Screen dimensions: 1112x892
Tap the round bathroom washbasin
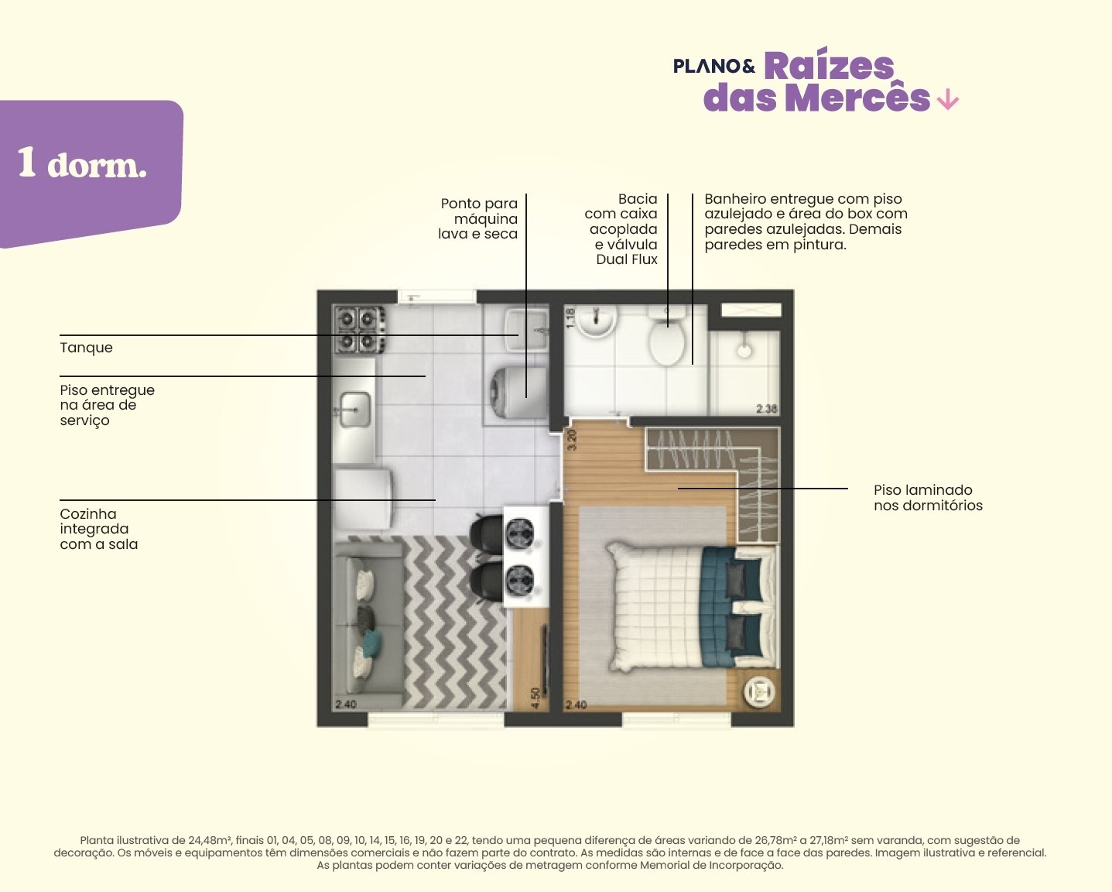pyautogui.click(x=597, y=321)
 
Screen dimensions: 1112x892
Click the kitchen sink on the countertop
pyautogui.click(x=355, y=410)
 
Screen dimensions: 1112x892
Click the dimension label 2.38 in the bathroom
pyautogui.click(x=766, y=409)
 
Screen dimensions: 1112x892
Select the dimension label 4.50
pyautogui.click(x=535, y=698)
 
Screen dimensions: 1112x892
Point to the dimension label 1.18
pyautogui.click(x=570, y=318)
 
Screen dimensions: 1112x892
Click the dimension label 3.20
pyautogui.click(x=572, y=440)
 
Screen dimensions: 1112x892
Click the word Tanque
pyautogui.click(x=87, y=348)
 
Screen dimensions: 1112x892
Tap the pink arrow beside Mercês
pyautogui.click(x=948, y=99)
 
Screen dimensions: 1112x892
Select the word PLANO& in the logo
pyautogui.click(x=714, y=66)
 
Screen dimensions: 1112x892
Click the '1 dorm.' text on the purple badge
pyautogui.click(x=82, y=163)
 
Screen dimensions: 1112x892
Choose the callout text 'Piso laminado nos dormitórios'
pyautogui.click(x=928, y=497)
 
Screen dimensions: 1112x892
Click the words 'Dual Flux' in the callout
pyautogui.click(x=627, y=259)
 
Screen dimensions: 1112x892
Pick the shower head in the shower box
pyautogui.click(x=744, y=350)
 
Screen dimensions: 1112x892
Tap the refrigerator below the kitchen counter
pyautogui.click(x=363, y=499)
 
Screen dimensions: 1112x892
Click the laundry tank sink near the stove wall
pyautogui.click(x=526, y=329)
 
